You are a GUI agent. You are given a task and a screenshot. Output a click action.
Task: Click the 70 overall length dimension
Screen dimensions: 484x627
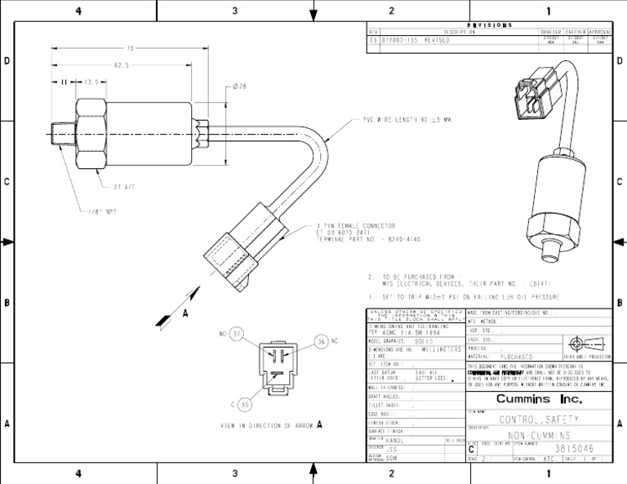click(x=130, y=48)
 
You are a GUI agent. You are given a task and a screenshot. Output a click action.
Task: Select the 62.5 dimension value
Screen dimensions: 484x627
click(x=122, y=65)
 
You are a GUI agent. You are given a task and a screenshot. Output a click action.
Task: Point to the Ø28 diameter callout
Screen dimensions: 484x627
click(x=239, y=87)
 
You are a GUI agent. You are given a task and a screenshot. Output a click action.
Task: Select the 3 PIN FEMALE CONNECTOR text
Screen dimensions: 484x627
click(x=356, y=225)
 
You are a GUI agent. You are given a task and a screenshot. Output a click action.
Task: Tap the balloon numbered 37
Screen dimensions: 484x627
click(x=235, y=334)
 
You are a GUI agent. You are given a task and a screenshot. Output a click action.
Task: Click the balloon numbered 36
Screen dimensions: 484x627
click(x=321, y=340)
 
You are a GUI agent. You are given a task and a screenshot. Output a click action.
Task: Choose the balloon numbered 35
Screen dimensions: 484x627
click(x=244, y=404)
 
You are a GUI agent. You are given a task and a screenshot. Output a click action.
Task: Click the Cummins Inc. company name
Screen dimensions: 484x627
click(x=539, y=399)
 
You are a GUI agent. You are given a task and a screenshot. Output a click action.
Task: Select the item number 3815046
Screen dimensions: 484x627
click(x=575, y=449)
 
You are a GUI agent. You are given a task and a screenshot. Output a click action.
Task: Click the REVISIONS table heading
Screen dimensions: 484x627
click(x=489, y=25)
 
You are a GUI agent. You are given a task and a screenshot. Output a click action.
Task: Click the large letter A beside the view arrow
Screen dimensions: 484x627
click(x=185, y=313)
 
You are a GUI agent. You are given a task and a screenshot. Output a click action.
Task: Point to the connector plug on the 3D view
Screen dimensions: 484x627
click(x=532, y=94)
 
